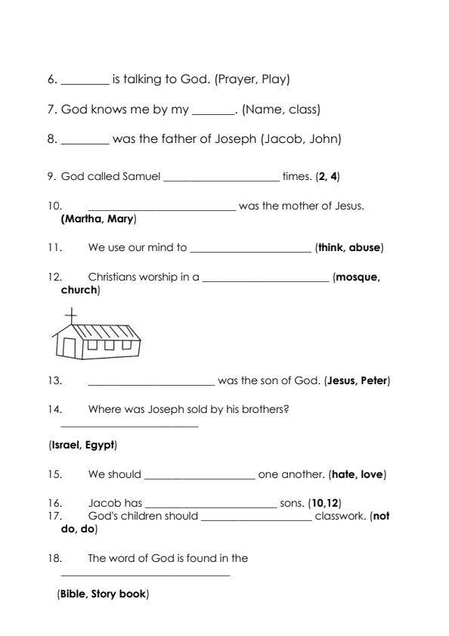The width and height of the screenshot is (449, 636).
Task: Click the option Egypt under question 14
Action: (x=99, y=445)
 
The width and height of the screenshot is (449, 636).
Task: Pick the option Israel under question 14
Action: (x=64, y=445)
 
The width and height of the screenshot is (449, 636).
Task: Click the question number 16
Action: (x=53, y=503)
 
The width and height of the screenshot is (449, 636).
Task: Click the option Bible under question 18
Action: (x=73, y=594)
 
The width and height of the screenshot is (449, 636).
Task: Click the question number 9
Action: (x=51, y=176)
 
